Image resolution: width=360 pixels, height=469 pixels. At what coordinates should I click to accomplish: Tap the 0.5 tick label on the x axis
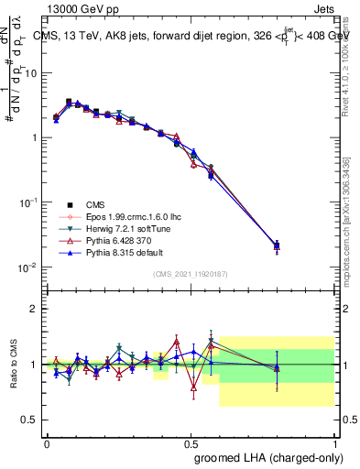(x=191, y=442)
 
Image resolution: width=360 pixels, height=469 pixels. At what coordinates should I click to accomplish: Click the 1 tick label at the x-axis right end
(x=335, y=442)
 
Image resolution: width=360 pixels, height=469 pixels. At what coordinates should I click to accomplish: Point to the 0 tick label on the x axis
(x=47, y=442)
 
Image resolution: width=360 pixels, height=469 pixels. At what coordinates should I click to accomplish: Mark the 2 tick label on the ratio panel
(x=35, y=309)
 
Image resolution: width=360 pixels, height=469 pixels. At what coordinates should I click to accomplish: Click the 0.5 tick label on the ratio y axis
(x=30, y=420)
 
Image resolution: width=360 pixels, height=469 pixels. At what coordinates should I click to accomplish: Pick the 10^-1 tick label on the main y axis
(x=27, y=202)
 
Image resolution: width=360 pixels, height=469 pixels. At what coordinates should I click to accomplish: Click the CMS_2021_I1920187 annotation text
(x=191, y=274)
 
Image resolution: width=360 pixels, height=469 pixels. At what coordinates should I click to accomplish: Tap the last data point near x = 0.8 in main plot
(x=278, y=245)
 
